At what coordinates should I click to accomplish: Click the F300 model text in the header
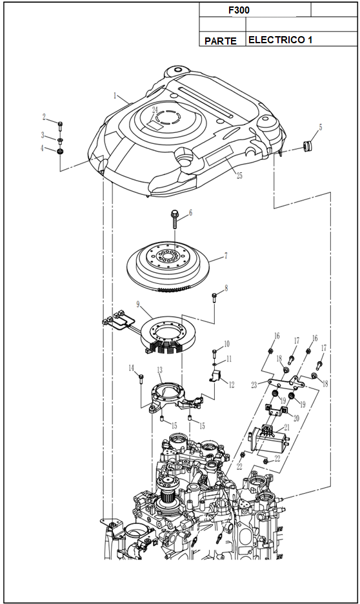[x=239, y=10]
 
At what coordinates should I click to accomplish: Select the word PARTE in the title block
[x=221, y=41]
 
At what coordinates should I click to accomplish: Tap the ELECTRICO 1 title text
[x=280, y=39]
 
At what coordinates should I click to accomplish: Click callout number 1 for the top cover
[x=115, y=96]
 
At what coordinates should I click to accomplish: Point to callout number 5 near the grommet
[x=321, y=128]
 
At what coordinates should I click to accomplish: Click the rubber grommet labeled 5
[x=307, y=146]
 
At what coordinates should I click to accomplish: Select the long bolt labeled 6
[x=174, y=219]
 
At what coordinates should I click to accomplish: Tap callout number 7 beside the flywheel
[x=226, y=256]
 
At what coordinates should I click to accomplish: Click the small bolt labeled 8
[x=214, y=297]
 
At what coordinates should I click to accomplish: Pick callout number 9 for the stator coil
[x=138, y=305]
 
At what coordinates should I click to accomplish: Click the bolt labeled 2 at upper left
[x=60, y=126]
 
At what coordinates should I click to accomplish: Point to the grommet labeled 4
[x=60, y=152]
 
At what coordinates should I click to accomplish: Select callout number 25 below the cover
[x=239, y=176]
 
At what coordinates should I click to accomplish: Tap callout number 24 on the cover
[x=155, y=110]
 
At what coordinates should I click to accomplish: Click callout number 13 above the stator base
[x=159, y=370]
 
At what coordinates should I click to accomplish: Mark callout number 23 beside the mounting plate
[x=254, y=385]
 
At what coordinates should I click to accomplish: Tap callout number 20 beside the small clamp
[x=296, y=418]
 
